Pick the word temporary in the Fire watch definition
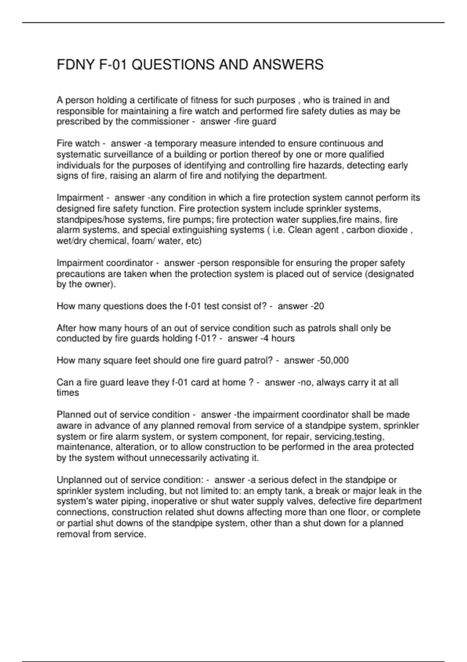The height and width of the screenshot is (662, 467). [177, 143]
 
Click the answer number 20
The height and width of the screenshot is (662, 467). [319, 306]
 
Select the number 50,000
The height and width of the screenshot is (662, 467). [334, 360]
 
